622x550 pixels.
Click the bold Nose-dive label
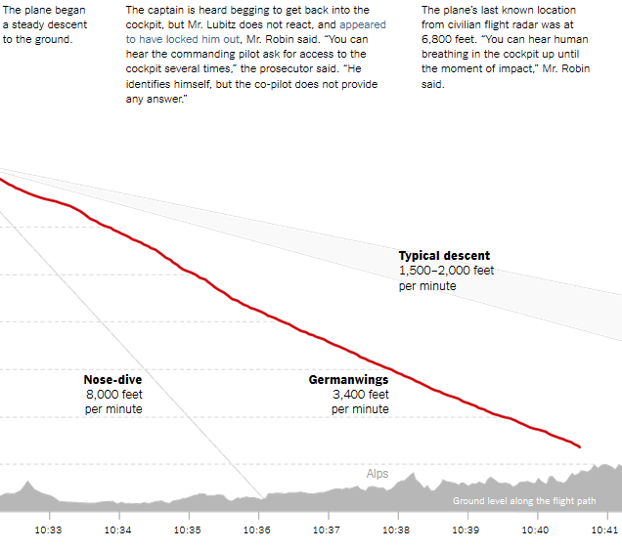coord(112,380)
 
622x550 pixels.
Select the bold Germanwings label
coord(348,380)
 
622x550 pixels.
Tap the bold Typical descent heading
coord(444,256)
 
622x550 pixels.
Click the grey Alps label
coord(378,474)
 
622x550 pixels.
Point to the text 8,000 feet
coord(113,395)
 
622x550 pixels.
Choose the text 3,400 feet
coord(360,395)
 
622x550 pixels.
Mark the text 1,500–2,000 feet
coord(446,271)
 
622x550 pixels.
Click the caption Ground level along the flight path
coord(523,501)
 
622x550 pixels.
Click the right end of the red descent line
coord(580,447)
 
